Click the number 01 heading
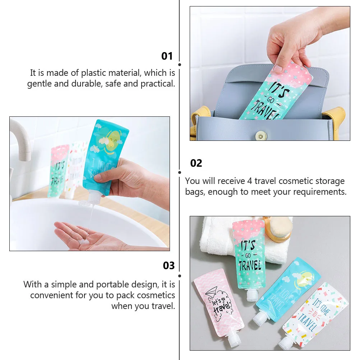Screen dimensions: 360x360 click(167, 56)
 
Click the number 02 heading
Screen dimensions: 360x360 click(196, 163)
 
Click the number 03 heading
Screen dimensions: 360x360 click(169, 266)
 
